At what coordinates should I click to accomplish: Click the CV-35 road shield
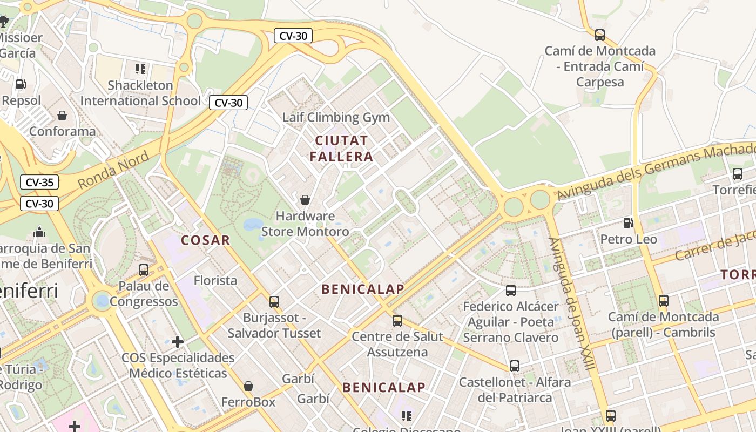[x=39, y=183]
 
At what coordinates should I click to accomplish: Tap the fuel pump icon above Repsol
[x=21, y=84]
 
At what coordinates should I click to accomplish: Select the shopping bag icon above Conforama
[x=62, y=116]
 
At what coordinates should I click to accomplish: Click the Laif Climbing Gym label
[x=336, y=117]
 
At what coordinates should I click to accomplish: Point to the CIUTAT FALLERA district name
[x=343, y=148]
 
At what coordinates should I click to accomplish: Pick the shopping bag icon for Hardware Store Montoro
[x=305, y=200]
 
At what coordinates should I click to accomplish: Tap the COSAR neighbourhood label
[x=206, y=240]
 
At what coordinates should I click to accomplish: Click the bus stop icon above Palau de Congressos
[x=144, y=269]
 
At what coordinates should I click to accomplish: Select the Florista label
[x=215, y=280]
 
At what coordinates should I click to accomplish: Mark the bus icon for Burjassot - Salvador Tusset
[x=274, y=301]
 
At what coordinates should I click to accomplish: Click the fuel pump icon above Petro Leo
[x=628, y=222]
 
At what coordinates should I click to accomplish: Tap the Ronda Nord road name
[x=113, y=170]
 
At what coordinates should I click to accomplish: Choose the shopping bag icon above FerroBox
[x=248, y=386]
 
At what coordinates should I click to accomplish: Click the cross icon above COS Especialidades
[x=178, y=341]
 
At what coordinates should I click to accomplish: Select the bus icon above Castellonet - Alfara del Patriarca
[x=515, y=366]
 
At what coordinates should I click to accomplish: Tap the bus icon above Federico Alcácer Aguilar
[x=511, y=291]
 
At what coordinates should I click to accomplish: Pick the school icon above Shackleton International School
[x=140, y=69]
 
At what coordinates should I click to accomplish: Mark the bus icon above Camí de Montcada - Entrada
[x=600, y=35]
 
